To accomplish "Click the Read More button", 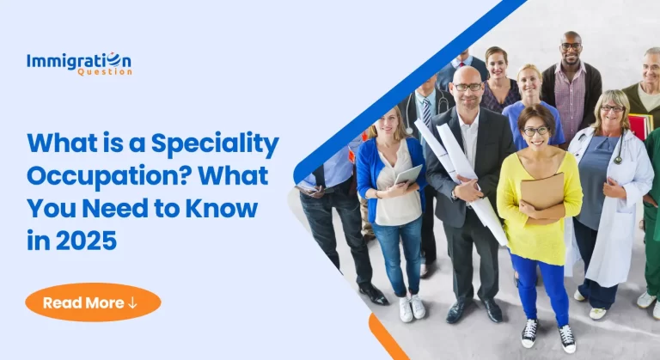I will pos(93,302).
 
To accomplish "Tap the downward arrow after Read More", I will pos(132,302).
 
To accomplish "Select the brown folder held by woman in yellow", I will pos(541,190).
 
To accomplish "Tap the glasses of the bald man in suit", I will pos(468,87).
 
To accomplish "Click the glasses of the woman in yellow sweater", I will pos(535,131).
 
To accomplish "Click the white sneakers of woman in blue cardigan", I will pos(412,307).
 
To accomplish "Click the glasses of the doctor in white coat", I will pos(613,109).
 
